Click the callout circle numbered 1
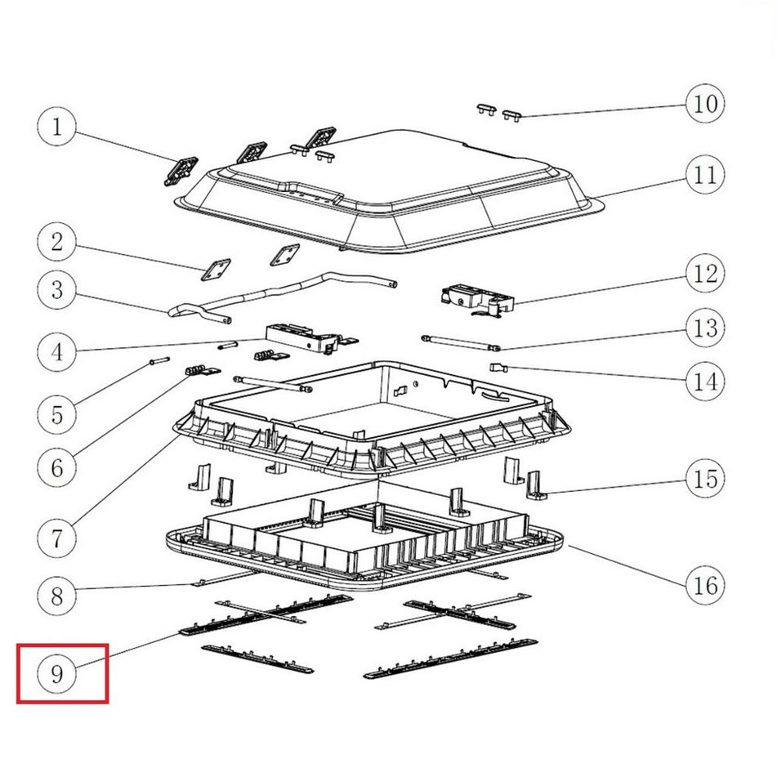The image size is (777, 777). click(57, 127)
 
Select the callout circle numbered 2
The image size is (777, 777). click(57, 242)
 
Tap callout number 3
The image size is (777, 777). click(57, 290)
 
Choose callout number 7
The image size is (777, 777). click(57, 538)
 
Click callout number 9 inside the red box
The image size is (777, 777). click(57, 674)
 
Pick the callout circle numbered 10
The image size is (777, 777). click(705, 104)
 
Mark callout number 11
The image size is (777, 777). click(705, 175)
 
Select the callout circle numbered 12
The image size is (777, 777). click(705, 273)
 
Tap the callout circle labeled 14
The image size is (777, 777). click(705, 382)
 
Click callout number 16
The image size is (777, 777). click(705, 585)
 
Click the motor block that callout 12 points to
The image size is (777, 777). click(476, 300)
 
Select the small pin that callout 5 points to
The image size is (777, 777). click(159, 361)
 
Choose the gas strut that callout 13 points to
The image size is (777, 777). click(460, 343)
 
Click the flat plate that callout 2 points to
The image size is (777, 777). click(216, 270)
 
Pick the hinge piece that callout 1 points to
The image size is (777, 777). click(181, 171)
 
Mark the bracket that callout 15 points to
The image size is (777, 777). click(535, 485)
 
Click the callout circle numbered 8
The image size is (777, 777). click(57, 596)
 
